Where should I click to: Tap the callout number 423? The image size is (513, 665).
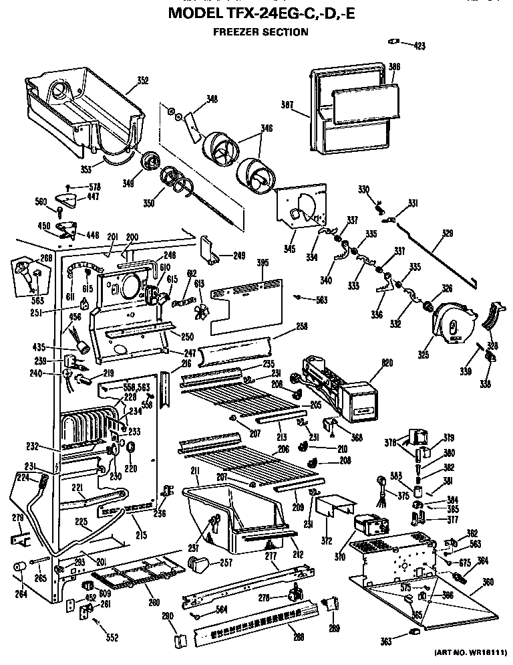(x=418, y=46)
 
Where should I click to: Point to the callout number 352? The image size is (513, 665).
(x=142, y=81)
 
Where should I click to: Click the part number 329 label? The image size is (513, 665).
(x=447, y=233)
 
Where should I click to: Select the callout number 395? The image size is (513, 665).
(x=263, y=263)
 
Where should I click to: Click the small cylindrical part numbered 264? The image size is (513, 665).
(x=20, y=569)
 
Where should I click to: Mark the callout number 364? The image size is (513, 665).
(x=482, y=561)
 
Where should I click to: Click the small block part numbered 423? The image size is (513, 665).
(x=393, y=43)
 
